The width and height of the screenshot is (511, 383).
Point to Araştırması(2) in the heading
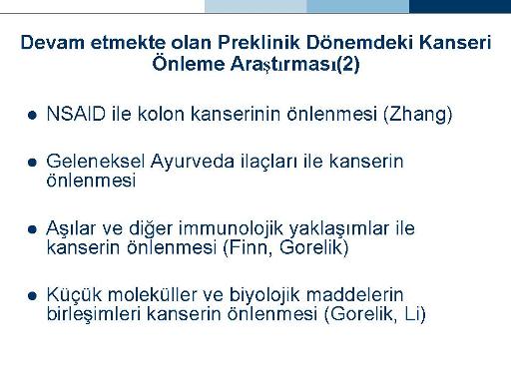(295, 64)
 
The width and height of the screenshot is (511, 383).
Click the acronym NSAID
(76, 114)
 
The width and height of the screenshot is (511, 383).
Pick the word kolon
(161, 114)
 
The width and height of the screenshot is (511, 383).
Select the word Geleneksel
(96, 162)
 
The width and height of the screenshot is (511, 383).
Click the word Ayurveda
(193, 163)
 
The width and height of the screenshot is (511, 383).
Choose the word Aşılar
(71, 228)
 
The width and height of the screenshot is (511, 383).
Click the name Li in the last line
(415, 314)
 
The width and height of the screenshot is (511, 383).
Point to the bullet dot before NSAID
(32, 116)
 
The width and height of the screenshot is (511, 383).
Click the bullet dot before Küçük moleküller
(32, 295)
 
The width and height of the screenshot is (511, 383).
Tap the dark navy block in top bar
(460, 6)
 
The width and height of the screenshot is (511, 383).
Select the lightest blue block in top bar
(255, 6)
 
